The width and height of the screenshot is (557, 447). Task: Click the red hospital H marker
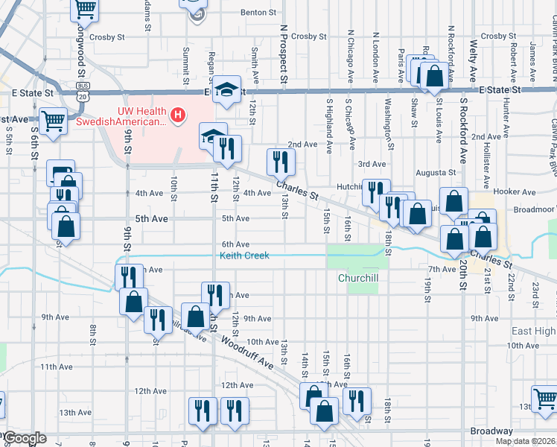[178, 115]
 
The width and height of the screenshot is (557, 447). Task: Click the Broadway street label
[491, 431]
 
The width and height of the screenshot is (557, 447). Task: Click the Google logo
[25, 438]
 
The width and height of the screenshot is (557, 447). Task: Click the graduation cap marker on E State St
[228, 89]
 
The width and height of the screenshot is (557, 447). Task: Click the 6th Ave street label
[235, 244]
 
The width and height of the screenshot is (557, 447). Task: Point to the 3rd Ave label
[372, 164]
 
